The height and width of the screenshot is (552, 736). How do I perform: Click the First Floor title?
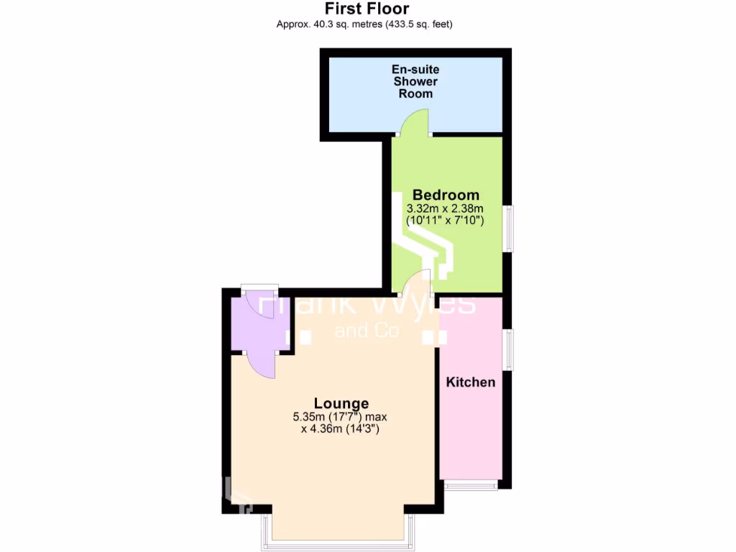[x=367, y=9]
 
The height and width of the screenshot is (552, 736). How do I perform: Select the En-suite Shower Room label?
[x=415, y=81]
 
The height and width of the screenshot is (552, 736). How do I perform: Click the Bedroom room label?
[x=446, y=195]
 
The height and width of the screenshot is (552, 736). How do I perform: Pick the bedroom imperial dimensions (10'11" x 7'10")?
[x=446, y=221]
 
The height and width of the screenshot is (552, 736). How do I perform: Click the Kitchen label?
[x=471, y=382]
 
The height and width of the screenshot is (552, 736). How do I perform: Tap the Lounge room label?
[x=341, y=403]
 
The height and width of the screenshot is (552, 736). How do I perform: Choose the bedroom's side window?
[x=509, y=229]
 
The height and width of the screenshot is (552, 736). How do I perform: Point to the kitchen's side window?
[x=509, y=350]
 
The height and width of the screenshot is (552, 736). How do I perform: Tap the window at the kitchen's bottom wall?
[x=471, y=485]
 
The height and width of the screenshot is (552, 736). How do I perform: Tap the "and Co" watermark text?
[x=367, y=331]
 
